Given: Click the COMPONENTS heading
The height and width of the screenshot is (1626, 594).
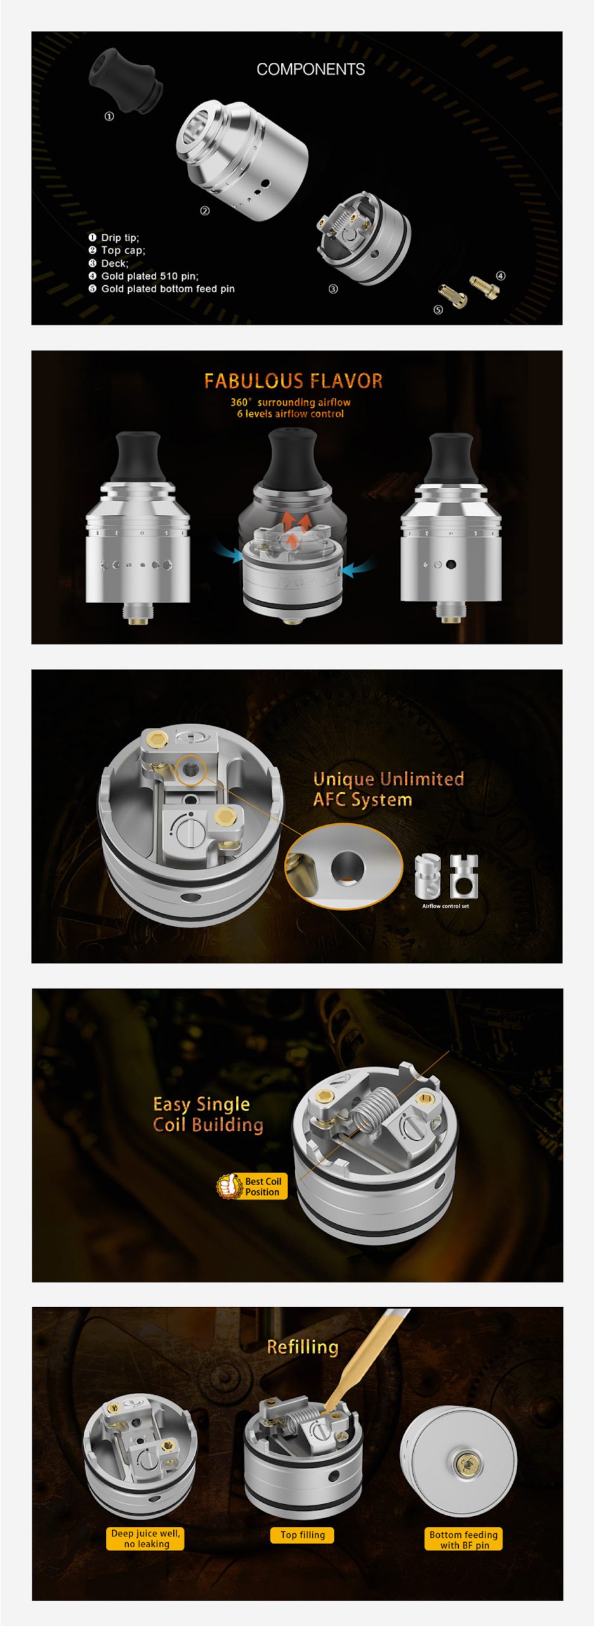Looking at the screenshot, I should point(310,69).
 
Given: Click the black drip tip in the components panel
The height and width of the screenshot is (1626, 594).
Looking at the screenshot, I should point(125,82).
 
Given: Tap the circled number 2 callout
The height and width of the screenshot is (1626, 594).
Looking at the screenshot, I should point(204,211).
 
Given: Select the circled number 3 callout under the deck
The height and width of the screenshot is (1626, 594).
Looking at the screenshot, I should point(333,289).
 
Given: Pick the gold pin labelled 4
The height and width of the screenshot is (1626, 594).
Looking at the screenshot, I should point(484,286).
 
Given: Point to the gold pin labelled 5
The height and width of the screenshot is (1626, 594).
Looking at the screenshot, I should point(452,295).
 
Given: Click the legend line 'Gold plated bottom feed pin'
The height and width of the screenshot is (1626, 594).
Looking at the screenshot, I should point(168,289).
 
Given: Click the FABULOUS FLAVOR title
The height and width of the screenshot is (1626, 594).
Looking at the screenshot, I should point(293,381).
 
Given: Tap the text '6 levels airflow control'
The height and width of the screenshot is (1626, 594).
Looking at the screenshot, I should point(291,414).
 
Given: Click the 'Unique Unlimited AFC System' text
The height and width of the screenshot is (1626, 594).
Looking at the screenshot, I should point(388,789).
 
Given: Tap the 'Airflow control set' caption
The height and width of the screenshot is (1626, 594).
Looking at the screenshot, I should point(445,906).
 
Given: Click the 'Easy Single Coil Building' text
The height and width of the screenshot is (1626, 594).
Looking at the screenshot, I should point(208,1114).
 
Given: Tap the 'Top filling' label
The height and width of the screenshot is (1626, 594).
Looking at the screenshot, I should point(303,1535).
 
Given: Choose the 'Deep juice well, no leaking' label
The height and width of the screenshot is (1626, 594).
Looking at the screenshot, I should point(145,1538).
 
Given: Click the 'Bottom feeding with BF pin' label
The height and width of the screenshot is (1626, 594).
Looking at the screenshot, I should point(464,1540).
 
